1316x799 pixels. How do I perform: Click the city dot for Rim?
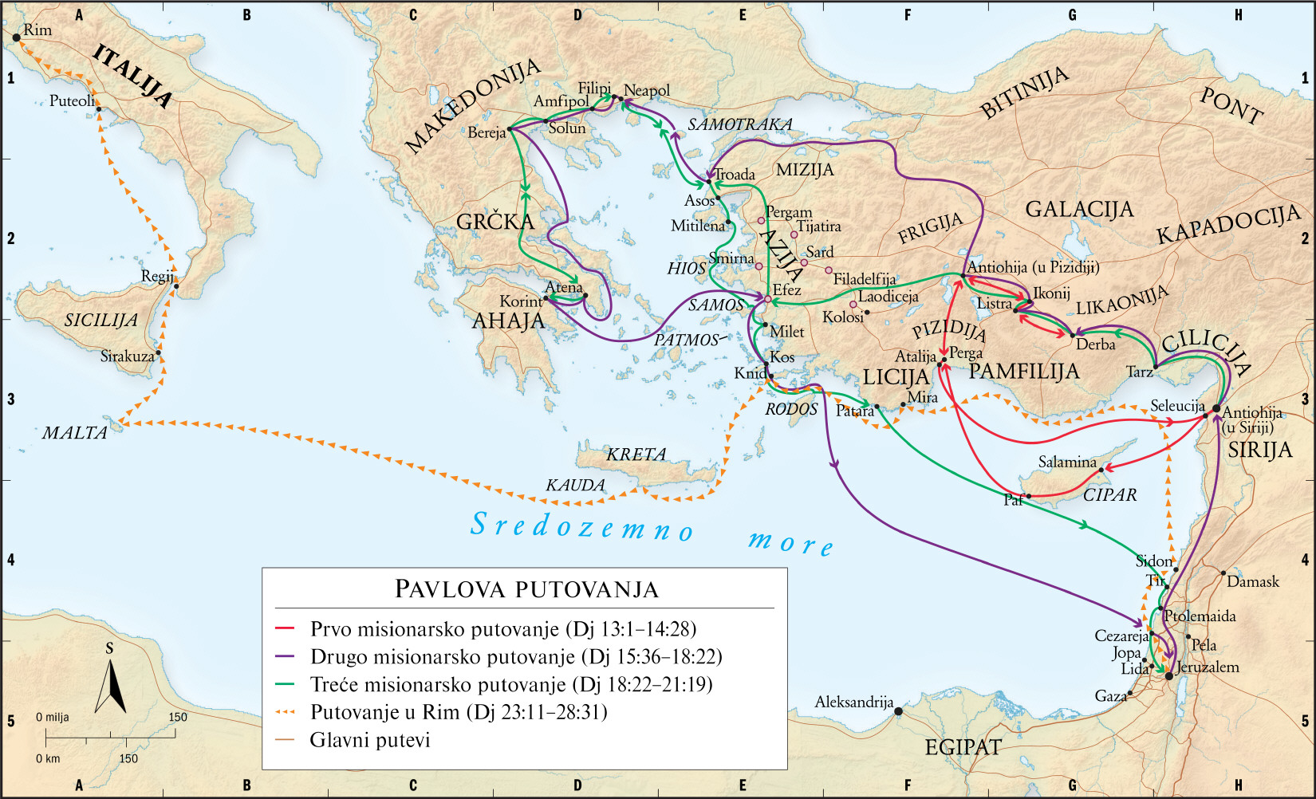pos(16,37)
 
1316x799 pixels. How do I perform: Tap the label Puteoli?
pos(71,101)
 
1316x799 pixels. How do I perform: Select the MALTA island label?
pos(74,433)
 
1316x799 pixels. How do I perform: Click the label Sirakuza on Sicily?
pos(127,356)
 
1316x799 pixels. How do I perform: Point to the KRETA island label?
pos(636,455)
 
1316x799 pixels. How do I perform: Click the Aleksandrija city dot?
pos(899,711)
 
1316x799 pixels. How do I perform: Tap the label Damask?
pos(1252,582)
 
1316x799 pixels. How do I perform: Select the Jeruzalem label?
pos(1208,667)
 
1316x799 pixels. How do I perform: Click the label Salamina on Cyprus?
pos(1066,462)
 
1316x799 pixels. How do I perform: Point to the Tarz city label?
pos(1139,372)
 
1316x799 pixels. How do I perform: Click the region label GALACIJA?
pos(1078,210)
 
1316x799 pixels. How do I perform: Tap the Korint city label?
pos(520,301)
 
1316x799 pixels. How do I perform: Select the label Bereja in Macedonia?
pos(487,133)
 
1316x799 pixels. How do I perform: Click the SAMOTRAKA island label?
pos(739,124)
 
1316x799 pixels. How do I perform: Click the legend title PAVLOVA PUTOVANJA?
pos(526,589)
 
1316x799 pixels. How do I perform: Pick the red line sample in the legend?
pos(285,629)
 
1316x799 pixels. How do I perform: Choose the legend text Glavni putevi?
pos(370,740)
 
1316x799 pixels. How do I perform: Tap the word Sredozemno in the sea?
pos(581,527)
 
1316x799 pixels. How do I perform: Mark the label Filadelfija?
pos(864,279)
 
